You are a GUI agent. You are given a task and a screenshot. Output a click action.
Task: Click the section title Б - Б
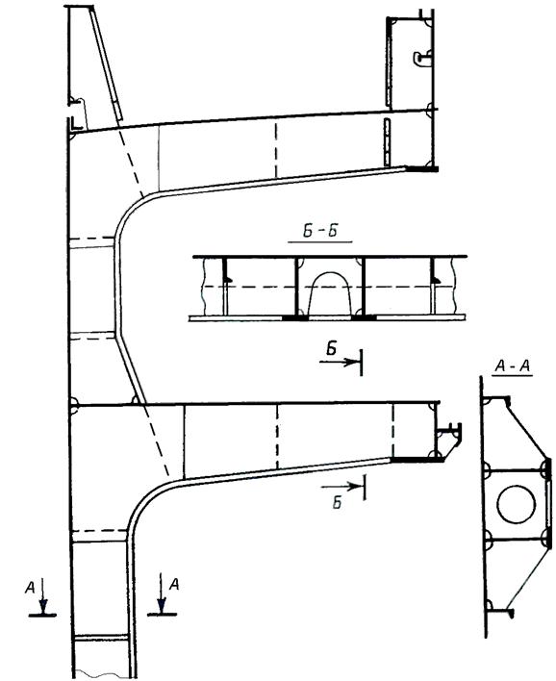point(320,231)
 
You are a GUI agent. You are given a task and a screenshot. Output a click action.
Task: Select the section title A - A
point(513,366)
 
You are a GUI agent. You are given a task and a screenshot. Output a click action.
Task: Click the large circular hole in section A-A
point(516,505)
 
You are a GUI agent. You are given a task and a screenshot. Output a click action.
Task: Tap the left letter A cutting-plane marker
point(30,588)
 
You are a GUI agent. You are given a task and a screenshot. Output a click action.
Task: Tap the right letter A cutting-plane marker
point(174,584)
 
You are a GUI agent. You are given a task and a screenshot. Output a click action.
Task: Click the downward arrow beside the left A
point(42,595)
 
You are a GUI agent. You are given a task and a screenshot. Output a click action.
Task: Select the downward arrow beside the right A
point(162,593)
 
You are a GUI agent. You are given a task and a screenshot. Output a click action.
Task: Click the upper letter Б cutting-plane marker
point(332,349)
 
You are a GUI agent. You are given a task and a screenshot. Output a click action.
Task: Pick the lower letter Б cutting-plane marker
point(337,502)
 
